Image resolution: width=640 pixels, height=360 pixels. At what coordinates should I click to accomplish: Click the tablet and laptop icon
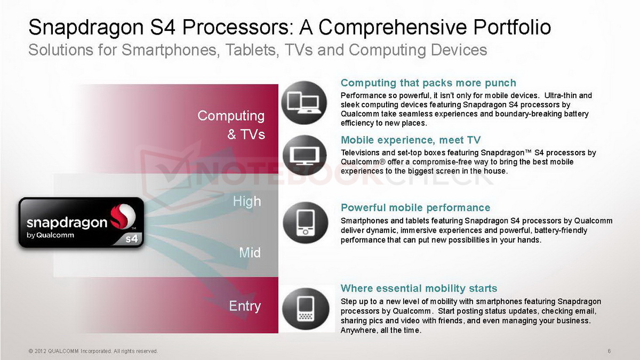pyautogui.click(x=304, y=102)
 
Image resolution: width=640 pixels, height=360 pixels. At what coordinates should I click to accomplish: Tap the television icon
pyautogui.click(x=305, y=155)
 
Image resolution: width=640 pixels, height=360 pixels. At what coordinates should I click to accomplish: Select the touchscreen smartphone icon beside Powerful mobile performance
pyautogui.click(x=306, y=223)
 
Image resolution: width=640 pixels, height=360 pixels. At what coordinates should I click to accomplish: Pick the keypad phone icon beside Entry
pyautogui.click(x=306, y=309)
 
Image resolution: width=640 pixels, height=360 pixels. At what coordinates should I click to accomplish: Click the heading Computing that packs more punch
pyautogui.click(x=428, y=83)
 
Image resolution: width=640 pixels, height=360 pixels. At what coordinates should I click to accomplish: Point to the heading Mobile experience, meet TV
pyautogui.click(x=411, y=140)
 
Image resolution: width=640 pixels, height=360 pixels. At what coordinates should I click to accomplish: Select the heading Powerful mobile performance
pyautogui.click(x=415, y=207)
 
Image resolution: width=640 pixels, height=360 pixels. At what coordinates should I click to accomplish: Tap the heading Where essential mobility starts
pyautogui.click(x=419, y=289)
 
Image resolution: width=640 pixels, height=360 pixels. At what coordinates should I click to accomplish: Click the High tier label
pyautogui.click(x=247, y=202)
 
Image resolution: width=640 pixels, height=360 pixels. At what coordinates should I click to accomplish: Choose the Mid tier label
pyautogui.click(x=250, y=253)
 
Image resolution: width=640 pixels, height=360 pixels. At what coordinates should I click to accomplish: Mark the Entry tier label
pyautogui.click(x=245, y=306)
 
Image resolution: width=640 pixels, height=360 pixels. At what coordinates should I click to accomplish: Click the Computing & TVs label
pyautogui.click(x=231, y=125)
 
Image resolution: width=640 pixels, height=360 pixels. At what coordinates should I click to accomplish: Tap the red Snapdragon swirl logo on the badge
pyautogui.click(x=123, y=216)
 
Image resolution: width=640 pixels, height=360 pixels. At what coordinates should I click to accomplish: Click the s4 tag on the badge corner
pyautogui.click(x=132, y=238)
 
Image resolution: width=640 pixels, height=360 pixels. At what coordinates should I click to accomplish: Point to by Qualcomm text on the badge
pyautogui.click(x=50, y=235)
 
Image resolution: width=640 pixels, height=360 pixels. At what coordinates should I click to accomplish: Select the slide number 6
pyautogui.click(x=609, y=351)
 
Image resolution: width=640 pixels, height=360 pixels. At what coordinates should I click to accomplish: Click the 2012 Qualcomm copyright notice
pyautogui.click(x=93, y=351)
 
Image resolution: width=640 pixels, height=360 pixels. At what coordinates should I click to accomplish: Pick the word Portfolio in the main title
pyautogui.click(x=512, y=27)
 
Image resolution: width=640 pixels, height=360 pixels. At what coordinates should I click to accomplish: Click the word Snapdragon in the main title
pyautogui.click(x=86, y=28)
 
